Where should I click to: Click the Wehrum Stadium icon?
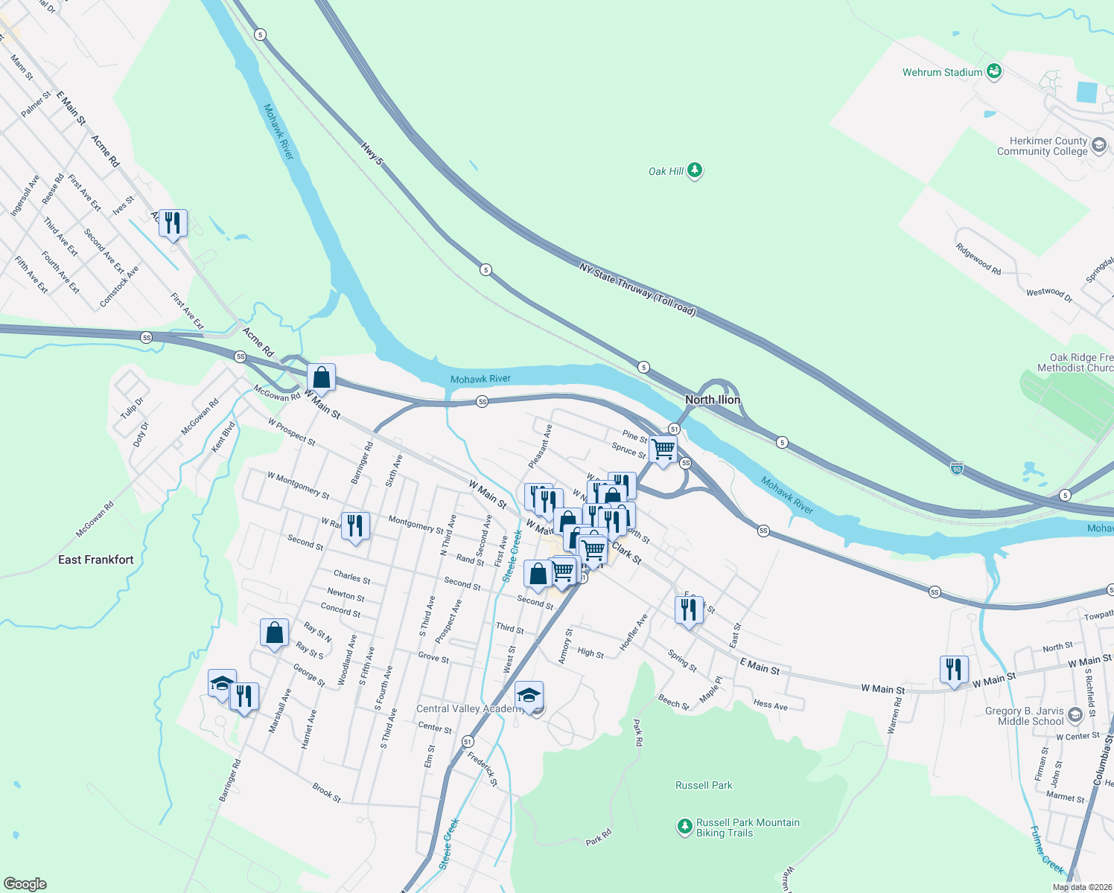coord(993,71)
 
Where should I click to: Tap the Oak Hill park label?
coord(666,171)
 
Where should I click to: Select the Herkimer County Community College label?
coord(1043,146)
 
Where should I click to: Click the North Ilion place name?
coord(713,400)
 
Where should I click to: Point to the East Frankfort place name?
coord(96,560)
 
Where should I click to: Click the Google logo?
coord(25,884)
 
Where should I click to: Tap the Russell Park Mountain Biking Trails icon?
coord(684,827)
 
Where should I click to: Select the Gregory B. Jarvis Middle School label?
coord(1025,716)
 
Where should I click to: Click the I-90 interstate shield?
coord(957,468)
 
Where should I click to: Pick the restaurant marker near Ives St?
coord(173,223)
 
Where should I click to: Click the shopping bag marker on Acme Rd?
coord(321,378)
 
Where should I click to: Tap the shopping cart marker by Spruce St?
coord(663,450)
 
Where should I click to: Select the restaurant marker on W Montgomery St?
coord(355,525)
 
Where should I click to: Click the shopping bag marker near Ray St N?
coord(274,633)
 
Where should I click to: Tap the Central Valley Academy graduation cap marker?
coord(529,696)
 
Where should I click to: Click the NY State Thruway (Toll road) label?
coord(637,289)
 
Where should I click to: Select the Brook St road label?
coord(326,793)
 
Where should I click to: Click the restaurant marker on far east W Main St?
coord(954,669)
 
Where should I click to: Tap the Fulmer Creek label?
coord(1047,849)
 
